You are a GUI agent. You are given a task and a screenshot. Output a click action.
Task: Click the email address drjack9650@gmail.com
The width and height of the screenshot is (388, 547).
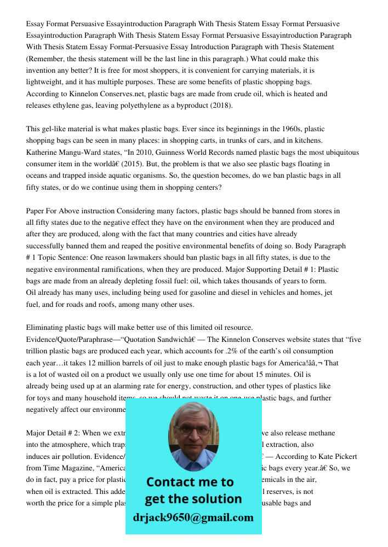(x=193, y=517)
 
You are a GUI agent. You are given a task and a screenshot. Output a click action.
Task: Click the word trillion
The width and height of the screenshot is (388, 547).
(x=39, y=351)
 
